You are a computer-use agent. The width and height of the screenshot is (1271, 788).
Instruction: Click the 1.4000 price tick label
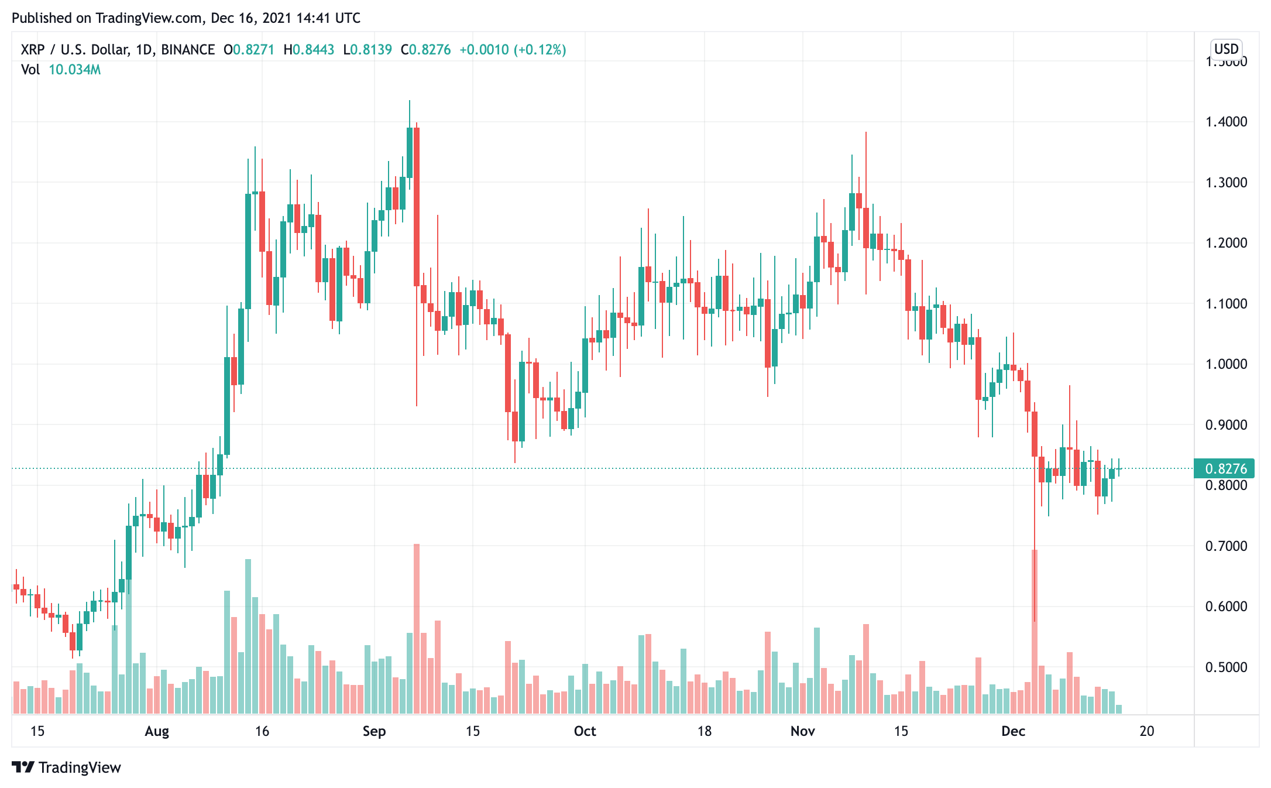click(x=1226, y=122)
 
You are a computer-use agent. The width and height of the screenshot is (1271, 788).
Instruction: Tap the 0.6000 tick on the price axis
click(x=1226, y=607)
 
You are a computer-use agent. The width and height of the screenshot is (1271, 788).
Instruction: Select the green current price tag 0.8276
click(x=1225, y=468)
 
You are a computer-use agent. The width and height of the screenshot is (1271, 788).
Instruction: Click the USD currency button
click(x=1226, y=49)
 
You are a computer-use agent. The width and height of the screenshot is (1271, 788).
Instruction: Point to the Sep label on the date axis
click(x=374, y=731)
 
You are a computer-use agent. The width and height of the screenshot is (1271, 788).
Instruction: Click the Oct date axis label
click(x=585, y=731)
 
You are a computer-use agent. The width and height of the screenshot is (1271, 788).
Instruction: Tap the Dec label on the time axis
click(x=1013, y=731)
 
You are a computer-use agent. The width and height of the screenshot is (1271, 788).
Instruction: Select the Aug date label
click(x=157, y=731)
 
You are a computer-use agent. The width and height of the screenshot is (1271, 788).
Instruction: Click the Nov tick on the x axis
click(x=802, y=731)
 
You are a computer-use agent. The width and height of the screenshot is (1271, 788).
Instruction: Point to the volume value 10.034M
click(x=74, y=70)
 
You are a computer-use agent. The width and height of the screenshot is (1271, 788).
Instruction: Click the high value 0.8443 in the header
click(x=313, y=50)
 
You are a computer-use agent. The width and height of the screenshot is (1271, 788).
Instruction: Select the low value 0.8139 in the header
click(x=371, y=50)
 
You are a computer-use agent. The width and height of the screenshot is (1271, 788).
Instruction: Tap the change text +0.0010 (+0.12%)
click(x=513, y=50)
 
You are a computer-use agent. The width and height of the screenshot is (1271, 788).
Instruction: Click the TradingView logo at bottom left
click(x=66, y=768)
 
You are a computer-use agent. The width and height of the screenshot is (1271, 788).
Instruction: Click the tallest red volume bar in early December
click(x=1035, y=632)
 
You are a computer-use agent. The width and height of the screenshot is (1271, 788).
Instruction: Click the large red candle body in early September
click(x=417, y=205)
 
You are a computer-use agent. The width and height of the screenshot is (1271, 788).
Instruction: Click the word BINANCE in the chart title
click(x=188, y=50)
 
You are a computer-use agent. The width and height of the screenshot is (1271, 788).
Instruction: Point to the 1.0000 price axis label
click(x=1226, y=364)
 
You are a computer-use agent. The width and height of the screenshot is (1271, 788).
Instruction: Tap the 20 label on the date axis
click(x=1146, y=731)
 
